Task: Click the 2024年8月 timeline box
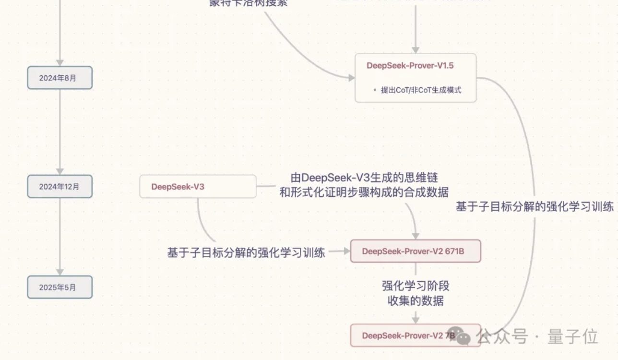(59, 78)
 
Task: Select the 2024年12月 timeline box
(59, 187)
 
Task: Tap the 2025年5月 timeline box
(59, 288)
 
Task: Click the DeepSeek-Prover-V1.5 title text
(410, 66)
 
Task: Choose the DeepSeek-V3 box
(198, 187)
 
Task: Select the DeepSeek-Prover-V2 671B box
(416, 251)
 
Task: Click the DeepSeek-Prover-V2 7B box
(416, 336)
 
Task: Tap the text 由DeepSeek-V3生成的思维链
(364, 178)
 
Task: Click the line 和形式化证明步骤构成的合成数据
(364, 193)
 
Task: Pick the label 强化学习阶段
(416, 287)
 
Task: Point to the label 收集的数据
(416, 301)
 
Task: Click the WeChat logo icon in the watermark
(463, 336)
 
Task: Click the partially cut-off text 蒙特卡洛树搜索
(249, 3)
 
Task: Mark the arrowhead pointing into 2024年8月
(59, 62)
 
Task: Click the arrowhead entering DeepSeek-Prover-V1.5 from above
(416, 49)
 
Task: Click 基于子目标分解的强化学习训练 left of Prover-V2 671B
(246, 252)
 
